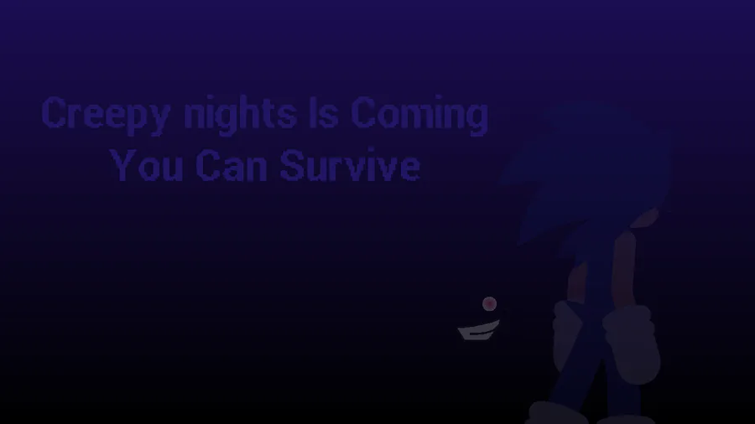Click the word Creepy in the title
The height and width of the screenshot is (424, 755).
pyautogui.click(x=106, y=116)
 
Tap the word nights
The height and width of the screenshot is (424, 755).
pyautogui.click(x=240, y=116)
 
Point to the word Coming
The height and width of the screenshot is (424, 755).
pyautogui.click(x=419, y=116)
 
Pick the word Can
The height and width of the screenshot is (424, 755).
pyautogui.click(x=232, y=165)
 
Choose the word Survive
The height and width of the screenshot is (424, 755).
pyautogui.click(x=350, y=165)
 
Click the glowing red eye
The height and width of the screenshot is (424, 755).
pyautogui.click(x=489, y=304)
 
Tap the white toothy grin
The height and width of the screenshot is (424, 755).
pyautogui.click(x=479, y=331)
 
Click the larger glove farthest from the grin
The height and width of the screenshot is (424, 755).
pyautogui.click(x=631, y=344)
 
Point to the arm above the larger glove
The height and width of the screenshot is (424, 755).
pyautogui.click(x=624, y=269)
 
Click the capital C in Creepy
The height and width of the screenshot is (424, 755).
pyautogui.click(x=54, y=112)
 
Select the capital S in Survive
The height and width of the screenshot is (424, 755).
pyautogui.click(x=292, y=165)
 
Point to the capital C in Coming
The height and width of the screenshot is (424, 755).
pyautogui.click(x=363, y=112)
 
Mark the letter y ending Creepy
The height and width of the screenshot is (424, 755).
pyautogui.click(x=159, y=120)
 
